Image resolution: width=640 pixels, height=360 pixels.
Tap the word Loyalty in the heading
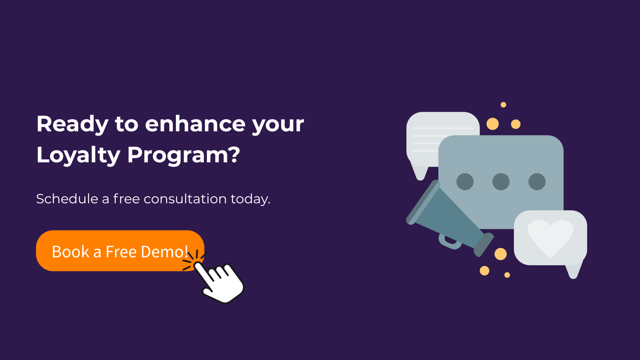[78, 155]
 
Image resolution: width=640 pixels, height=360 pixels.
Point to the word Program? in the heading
[184, 155]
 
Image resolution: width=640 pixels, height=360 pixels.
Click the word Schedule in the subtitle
[67, 199]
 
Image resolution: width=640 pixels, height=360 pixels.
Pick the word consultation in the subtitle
[185, 199]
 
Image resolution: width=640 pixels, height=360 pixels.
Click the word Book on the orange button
[71, 252]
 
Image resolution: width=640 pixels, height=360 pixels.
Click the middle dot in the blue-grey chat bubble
[501, 182]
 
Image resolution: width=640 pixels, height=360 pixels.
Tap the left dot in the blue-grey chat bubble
[465, 182]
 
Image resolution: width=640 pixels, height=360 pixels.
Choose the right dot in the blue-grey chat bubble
[537, 182]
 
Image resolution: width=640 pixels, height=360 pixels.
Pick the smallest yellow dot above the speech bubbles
[503, 105]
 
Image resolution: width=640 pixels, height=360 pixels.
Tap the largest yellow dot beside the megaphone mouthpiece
[500, 254]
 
